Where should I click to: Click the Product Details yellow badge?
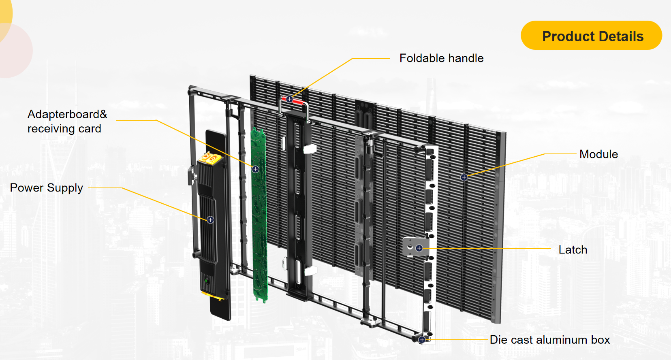[x=591, y=36]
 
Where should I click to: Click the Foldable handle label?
[x=441, y=58]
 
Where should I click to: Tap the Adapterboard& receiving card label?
[x=67, y=121]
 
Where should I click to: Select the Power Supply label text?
[x=46, y=188]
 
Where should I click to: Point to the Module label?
[x=598, y=154]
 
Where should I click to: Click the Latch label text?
[x=573, y=250]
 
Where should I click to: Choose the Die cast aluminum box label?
[x=549, y=340]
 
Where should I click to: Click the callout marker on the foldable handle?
[x=289, y=99]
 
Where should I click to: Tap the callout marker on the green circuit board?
[x=255, y=169]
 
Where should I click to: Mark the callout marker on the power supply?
[x=210, y=220]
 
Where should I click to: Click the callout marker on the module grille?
[x=464, y=177]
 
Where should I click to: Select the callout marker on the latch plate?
[x=419, y=248]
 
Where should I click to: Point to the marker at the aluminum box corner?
[x=422, y=340]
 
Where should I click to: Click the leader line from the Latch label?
[x=486, y=249]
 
